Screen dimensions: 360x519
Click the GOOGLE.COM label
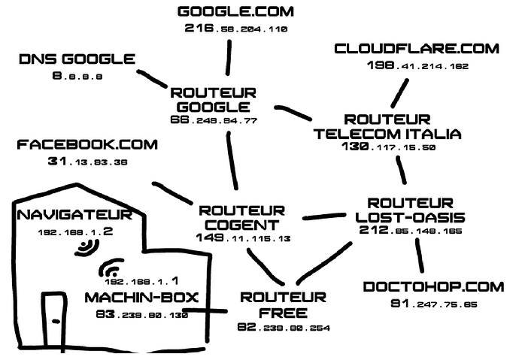point(235,11)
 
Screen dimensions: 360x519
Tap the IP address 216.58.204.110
point(235,29)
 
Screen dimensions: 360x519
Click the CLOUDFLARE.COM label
point(417,49)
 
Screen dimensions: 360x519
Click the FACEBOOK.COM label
point(86,144)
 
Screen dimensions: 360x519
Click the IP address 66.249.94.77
point(214,119)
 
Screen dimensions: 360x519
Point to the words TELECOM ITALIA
point(387,134)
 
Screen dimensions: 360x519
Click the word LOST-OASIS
point(410,217)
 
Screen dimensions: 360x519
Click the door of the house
point(54,319)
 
